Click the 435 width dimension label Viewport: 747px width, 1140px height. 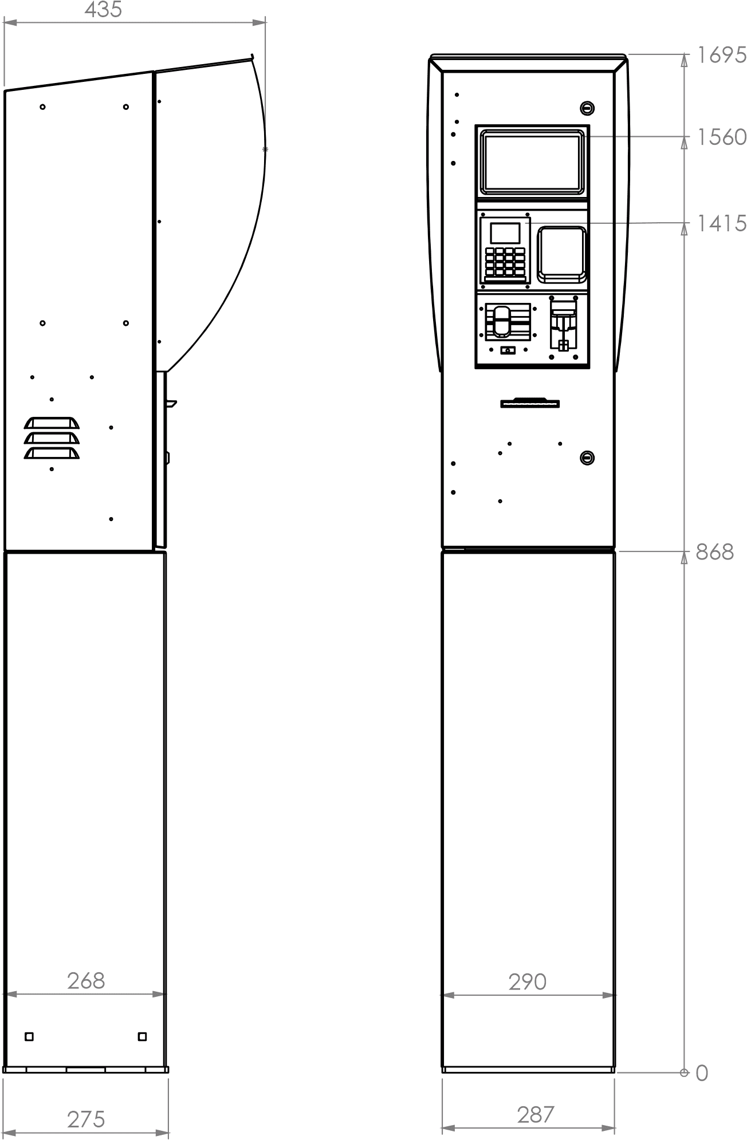[103, 10]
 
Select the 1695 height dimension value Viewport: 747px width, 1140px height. [722, 55]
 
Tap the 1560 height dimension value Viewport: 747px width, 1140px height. [722, 137]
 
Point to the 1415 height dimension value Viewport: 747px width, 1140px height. [722, 223]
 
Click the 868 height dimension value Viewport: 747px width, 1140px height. [715, 552]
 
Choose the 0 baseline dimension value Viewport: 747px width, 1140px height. [702, 1074]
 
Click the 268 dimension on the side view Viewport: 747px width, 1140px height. [86, 981]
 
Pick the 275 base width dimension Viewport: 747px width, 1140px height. [86, 1119]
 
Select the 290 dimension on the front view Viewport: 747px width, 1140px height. [528, 982]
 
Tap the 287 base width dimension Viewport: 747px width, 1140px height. [536, 1115]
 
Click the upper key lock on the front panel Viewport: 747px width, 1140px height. [587, 108]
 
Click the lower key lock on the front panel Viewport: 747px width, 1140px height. [587, 457]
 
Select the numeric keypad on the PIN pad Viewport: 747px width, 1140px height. [505, 262]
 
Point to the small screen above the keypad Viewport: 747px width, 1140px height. [505, 232]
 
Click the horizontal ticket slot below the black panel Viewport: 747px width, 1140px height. [530, 403]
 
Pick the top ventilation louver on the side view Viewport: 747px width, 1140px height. [52, 423]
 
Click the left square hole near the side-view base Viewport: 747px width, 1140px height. [29, 1036]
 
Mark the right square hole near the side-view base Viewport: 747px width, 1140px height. [143, 1036]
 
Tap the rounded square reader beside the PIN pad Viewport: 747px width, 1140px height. [561, 255]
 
